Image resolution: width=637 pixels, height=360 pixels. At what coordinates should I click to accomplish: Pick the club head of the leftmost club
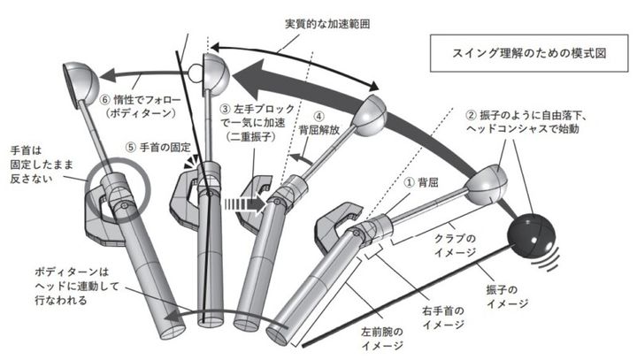(x=79, y=81)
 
